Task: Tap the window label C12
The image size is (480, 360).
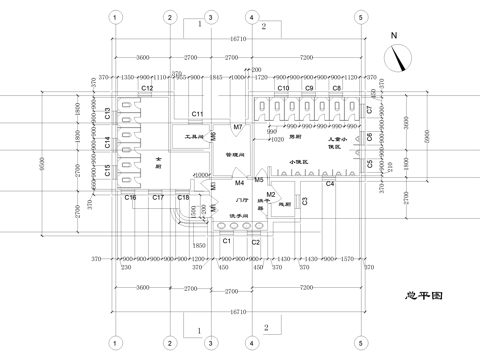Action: coord(146,89)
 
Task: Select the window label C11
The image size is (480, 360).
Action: coord(198,114)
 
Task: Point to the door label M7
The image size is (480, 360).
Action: coord(239,128)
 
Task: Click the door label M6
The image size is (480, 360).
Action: coord(213,135)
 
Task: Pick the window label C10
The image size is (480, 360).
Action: coord(283,89)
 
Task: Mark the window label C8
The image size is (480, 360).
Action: coord(337,89)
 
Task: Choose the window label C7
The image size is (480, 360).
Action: coord(369,109)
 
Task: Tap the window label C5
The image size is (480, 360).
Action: coord(369,163)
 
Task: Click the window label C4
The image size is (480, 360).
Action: coord(329,184)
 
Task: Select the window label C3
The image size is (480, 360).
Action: coord(304,201)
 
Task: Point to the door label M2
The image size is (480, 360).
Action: coord(270,194)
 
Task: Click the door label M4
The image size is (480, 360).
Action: coord(240,183)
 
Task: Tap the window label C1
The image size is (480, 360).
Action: coord(227,241)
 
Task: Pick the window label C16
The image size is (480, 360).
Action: coord(130,198)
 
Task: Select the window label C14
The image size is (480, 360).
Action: coord(107,143)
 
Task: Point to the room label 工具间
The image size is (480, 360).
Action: coord(195,135)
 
